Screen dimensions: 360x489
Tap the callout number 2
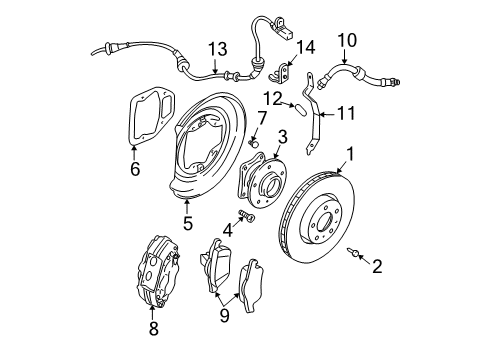[x=377, y=266]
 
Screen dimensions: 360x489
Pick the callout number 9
[x=224, y=316]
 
